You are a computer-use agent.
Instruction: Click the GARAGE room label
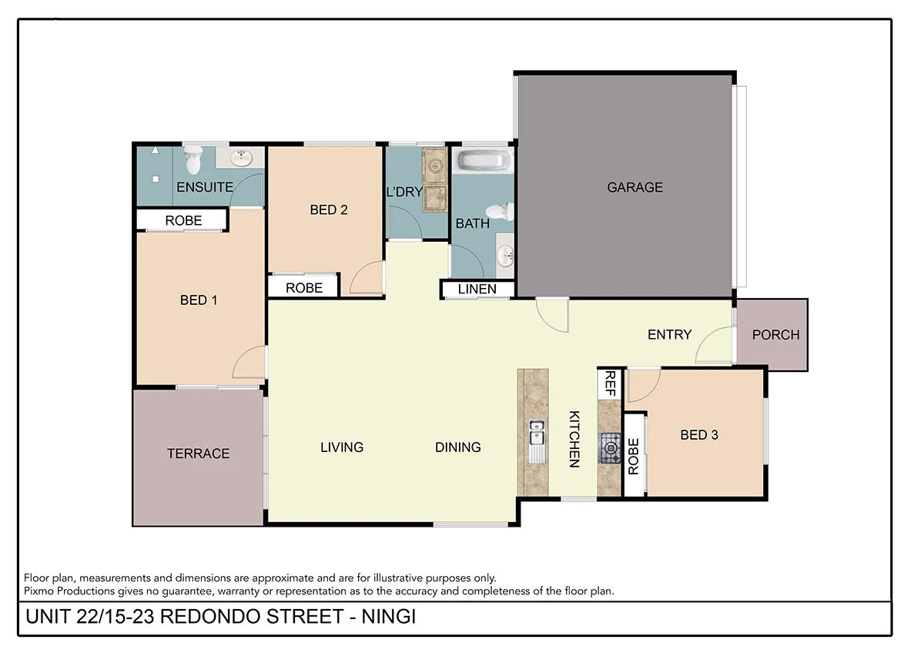[634, 187]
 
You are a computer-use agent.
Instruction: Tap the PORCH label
[775, 335]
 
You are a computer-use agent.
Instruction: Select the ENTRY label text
[669, 335]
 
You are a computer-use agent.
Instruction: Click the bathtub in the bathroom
[483, 161]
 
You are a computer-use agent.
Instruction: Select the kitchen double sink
[537, 434]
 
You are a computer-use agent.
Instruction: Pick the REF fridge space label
[610, 383]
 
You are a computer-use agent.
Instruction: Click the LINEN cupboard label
[477, 290]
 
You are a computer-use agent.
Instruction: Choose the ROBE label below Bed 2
[303, 288]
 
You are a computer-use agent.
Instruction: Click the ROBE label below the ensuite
[183, 220]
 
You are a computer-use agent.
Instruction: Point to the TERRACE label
[199, 454]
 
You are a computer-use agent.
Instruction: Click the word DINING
[457, 447]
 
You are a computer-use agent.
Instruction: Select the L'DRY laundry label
[404, 192]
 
